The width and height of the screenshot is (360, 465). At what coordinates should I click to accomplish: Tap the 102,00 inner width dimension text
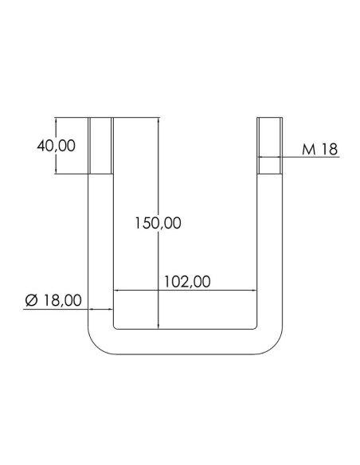tap(186, 280)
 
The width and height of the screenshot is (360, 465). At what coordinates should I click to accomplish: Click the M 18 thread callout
tap(319, 149)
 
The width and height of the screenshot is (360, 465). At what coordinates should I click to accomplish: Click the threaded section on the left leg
tap(100, 147)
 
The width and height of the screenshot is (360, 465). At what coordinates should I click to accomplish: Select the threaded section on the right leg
tap(269, 147)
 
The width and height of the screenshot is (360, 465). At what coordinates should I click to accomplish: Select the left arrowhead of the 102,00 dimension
tap(118, 290)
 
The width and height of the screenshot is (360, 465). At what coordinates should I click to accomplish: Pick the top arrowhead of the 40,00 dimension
tap(57, 122)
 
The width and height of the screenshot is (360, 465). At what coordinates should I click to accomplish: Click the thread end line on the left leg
tap(100, 174)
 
